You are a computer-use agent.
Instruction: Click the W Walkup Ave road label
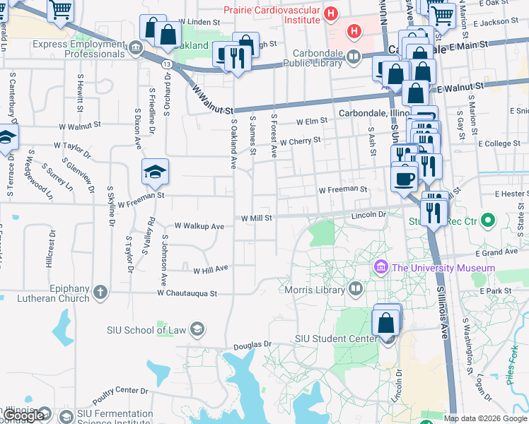(199, 226)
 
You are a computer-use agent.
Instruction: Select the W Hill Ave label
(211, 269)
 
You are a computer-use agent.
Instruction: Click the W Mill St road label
(257, 218)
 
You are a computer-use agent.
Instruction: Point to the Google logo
(24, 416)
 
